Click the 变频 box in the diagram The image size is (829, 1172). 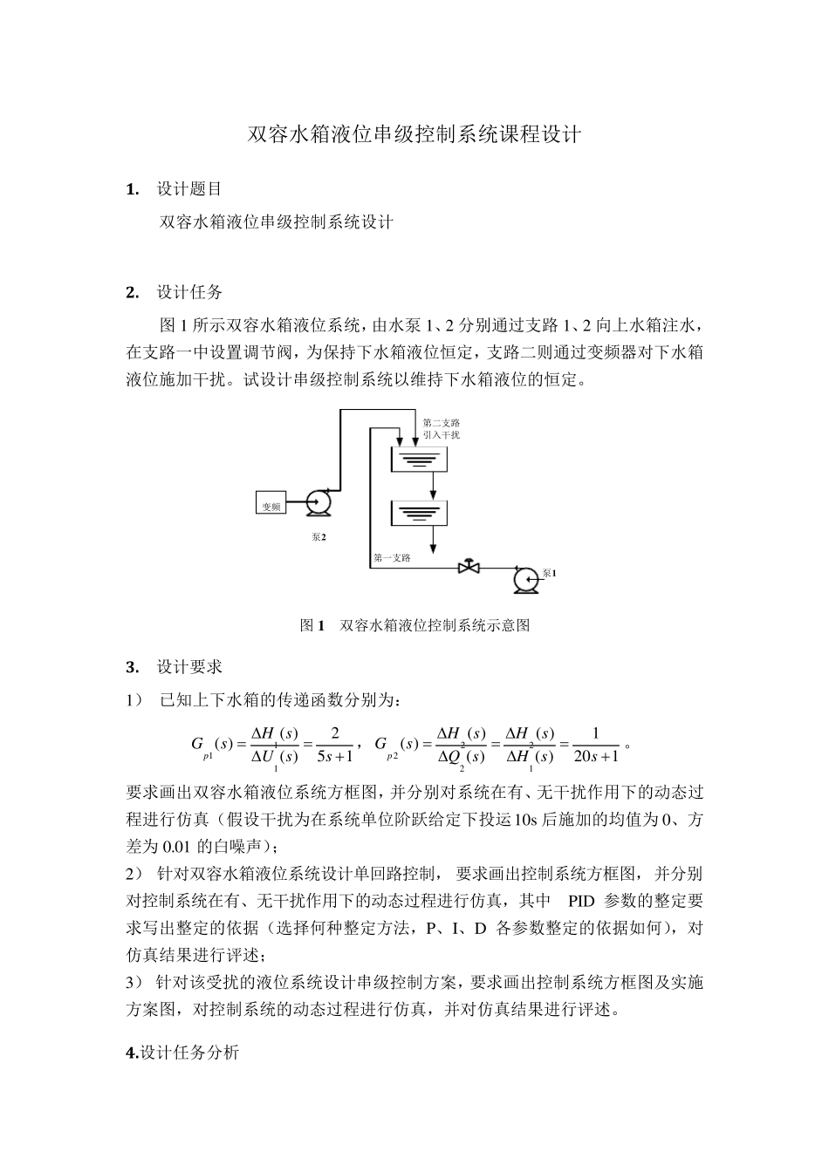pos(271,505)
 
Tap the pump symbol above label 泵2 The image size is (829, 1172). pos(317,502)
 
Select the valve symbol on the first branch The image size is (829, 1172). pos(469,568)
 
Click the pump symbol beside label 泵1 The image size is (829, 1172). pos(525,578)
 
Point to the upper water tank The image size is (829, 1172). pos(419,460)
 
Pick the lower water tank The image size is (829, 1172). pos(419,514)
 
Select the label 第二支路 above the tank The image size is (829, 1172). pos(441,423)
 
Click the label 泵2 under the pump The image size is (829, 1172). pos(319,537)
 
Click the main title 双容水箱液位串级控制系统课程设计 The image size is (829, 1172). pos(414,135)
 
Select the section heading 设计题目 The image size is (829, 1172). pos(189,189)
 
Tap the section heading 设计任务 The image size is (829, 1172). pos(189,292)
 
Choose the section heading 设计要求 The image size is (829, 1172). pos(189,667)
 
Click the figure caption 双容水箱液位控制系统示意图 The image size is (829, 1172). pos(434,625)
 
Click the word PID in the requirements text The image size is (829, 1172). pos(581,901)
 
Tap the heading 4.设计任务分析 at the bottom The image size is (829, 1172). pos(182,1053)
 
